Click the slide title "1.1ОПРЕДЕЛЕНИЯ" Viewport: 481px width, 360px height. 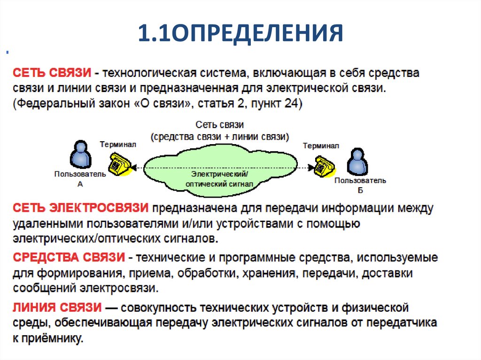click(x=240, y=34)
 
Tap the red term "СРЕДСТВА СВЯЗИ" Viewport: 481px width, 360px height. click(x=69, y=257)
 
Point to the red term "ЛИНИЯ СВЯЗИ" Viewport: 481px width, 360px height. click(x=57, y=308)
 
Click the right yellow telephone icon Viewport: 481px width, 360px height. click(x=324, y=166)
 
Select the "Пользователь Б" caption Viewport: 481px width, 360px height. click(x=360, y=184)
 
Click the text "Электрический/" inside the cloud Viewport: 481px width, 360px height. click(x=219, y=174)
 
